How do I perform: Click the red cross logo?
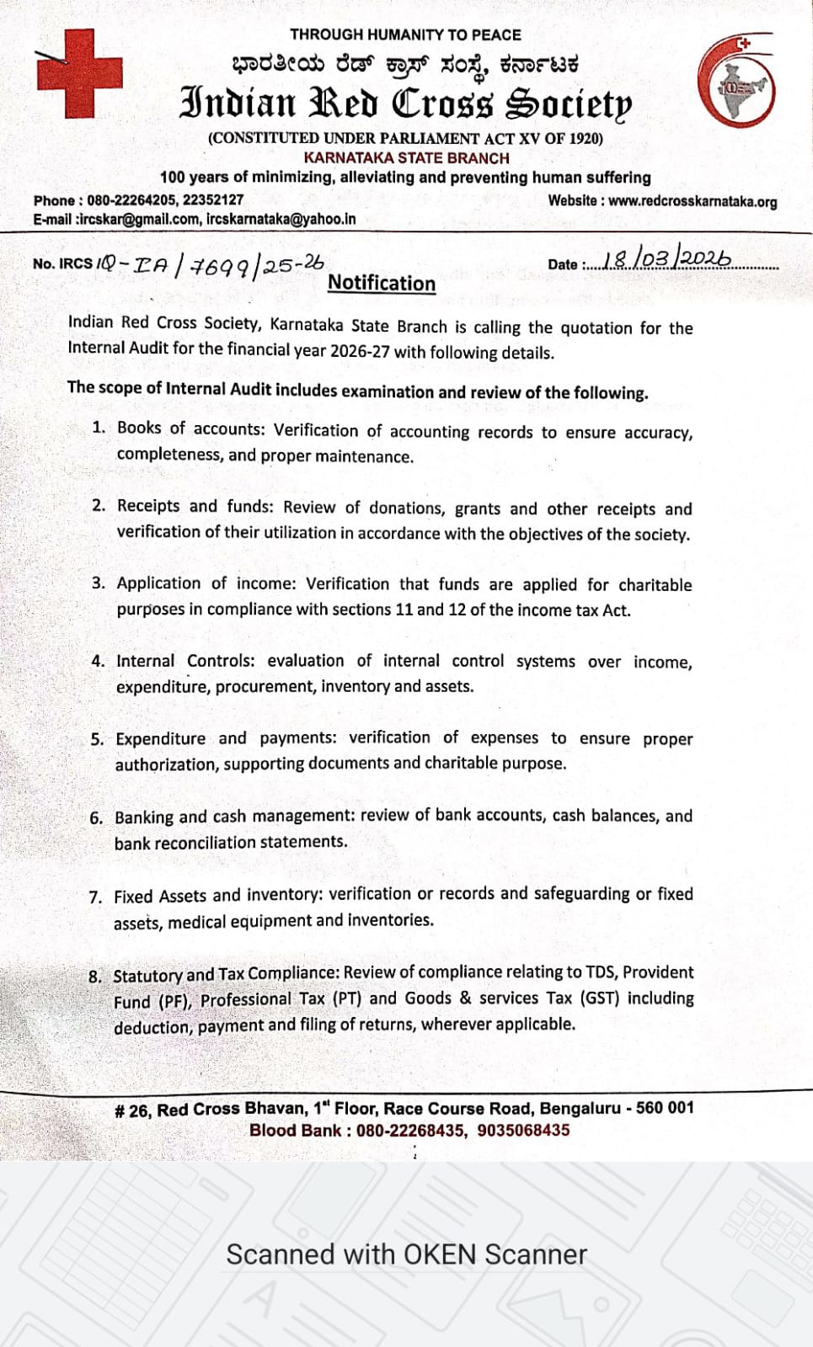[x=78, y=72]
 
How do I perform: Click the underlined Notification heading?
[x=382, y=284]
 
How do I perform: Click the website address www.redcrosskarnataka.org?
[x=693, y=201]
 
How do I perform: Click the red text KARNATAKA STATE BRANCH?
[x=406, y=157]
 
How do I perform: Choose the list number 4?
[x=98, y=661]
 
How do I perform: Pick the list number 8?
[x=94, y=977]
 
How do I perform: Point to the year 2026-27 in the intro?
[x=360, y=350]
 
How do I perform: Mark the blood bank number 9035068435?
[x=523, y=1130]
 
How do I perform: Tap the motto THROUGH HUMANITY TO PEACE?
[x=405, y=35]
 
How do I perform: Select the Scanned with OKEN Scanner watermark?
[x=406, y=1254]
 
